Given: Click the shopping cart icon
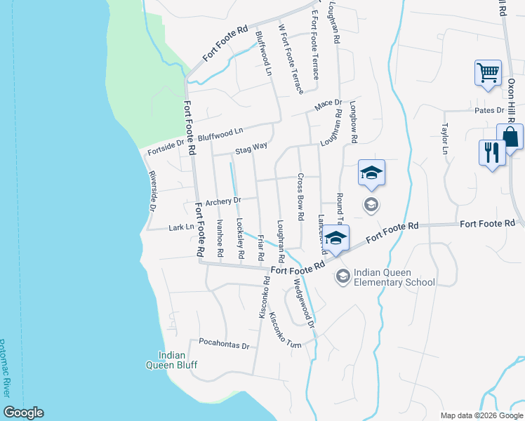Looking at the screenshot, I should click(x=488, y=72).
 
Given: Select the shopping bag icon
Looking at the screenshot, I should click(x=510, y=136).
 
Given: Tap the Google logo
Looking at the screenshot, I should click(x=23, y=413).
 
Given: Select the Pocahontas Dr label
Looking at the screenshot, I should click(x=225, y=345).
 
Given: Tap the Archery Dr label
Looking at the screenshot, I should click(x=223, y=201).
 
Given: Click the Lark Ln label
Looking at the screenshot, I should click(x=181, y=227).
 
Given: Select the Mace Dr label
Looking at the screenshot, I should click(x=328, y=104).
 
